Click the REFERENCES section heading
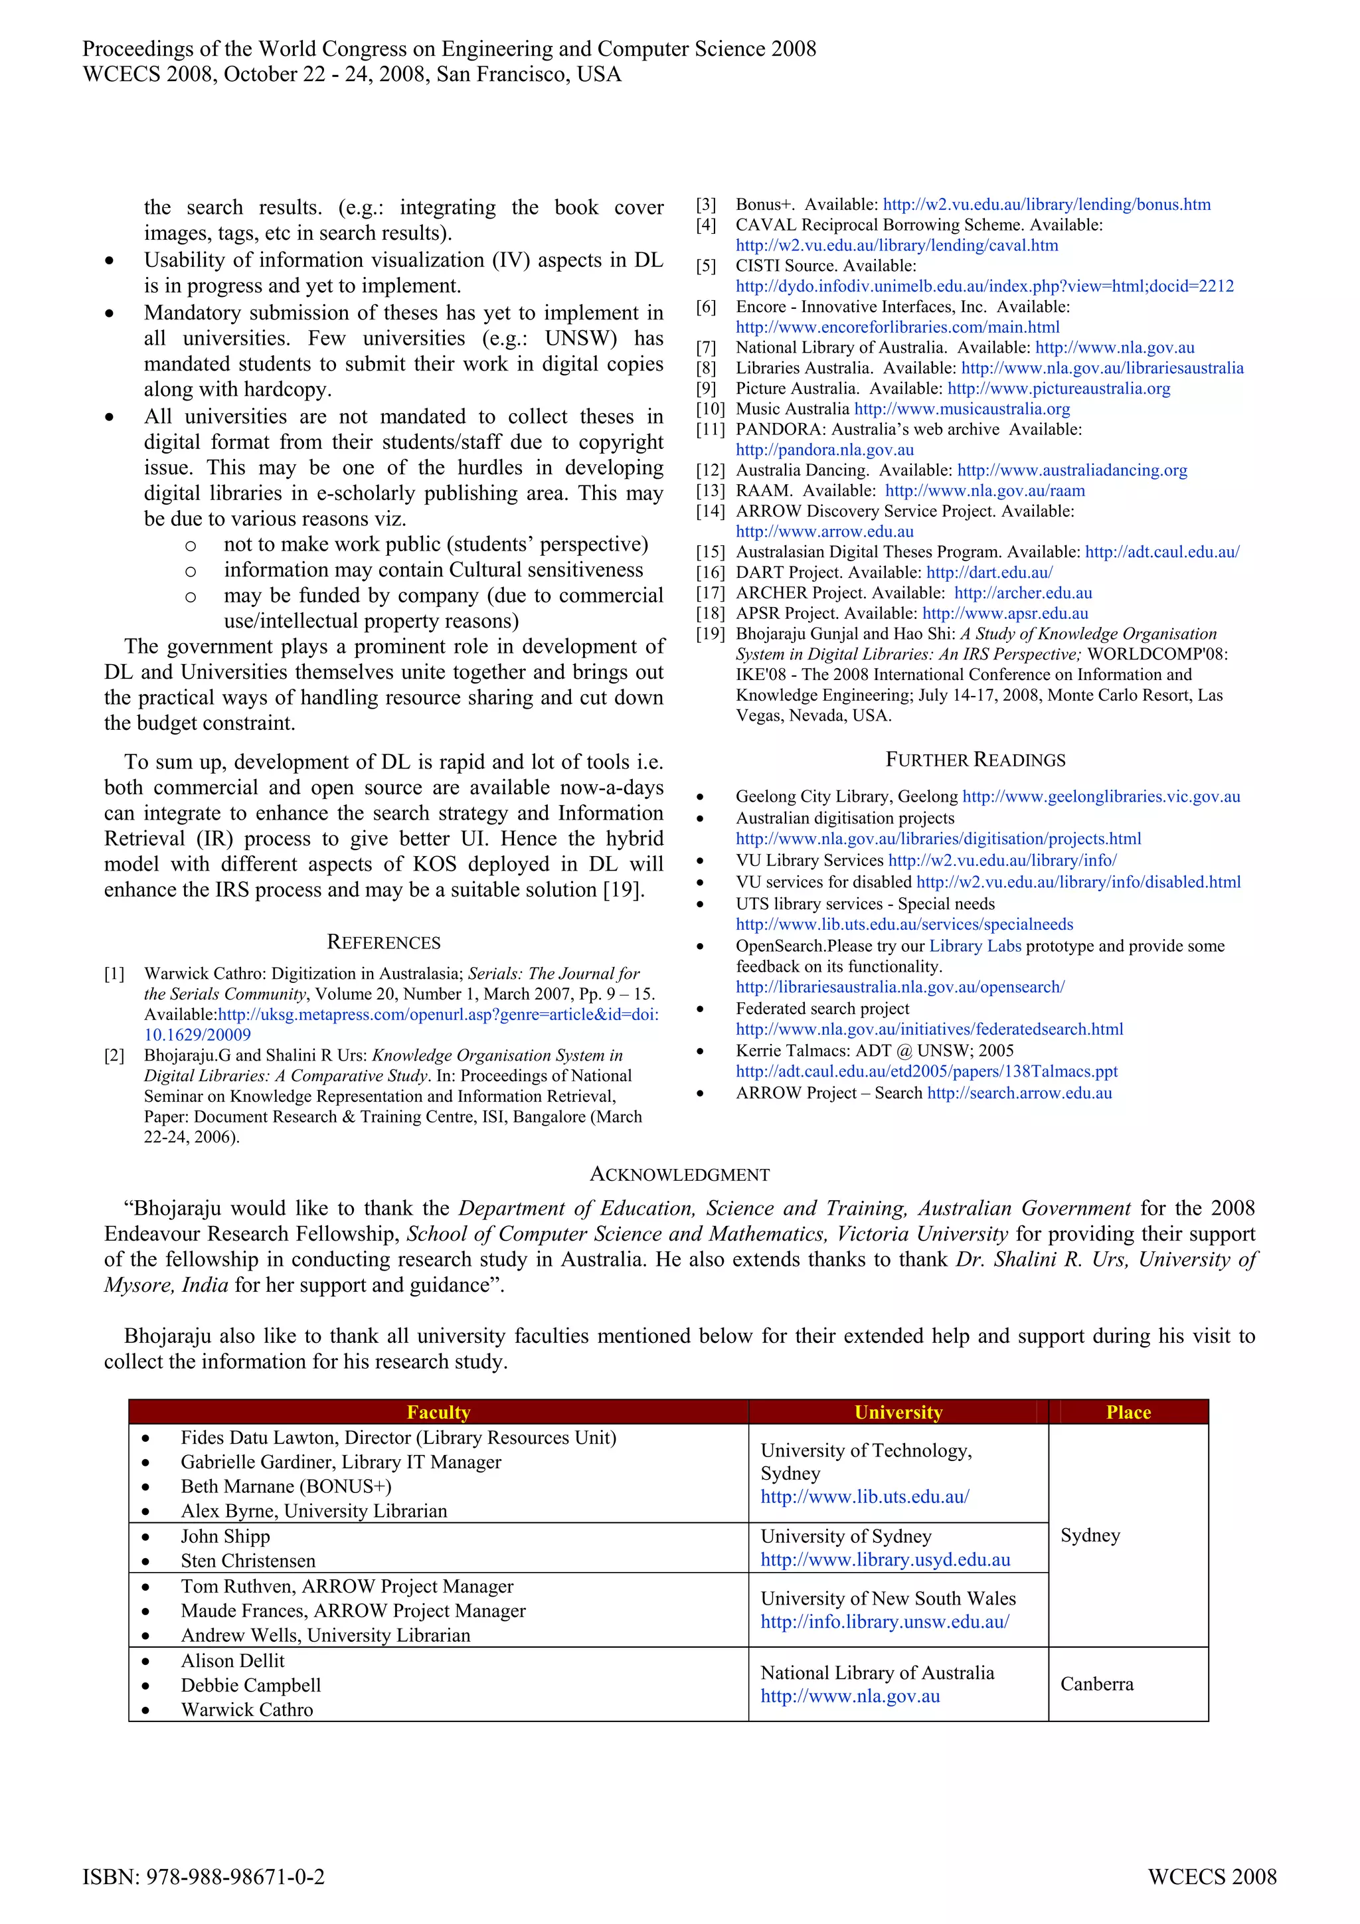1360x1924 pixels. pos(383,942)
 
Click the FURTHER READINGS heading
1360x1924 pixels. pos(976,760)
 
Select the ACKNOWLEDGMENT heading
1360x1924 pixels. pos(679,1175)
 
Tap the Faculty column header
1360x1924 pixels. pos(438,1412)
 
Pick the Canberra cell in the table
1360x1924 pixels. pos(1096,1684)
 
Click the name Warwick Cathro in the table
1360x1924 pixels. pos(246,1709)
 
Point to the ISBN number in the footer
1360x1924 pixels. pos(204,1877)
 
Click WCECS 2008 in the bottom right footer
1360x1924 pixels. pos(1212,1877)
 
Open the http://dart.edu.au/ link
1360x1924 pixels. pos(989,572)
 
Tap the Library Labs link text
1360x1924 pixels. pos(975,946)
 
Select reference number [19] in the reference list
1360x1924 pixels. pos(709,634)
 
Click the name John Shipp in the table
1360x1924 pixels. pos(224,1536)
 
